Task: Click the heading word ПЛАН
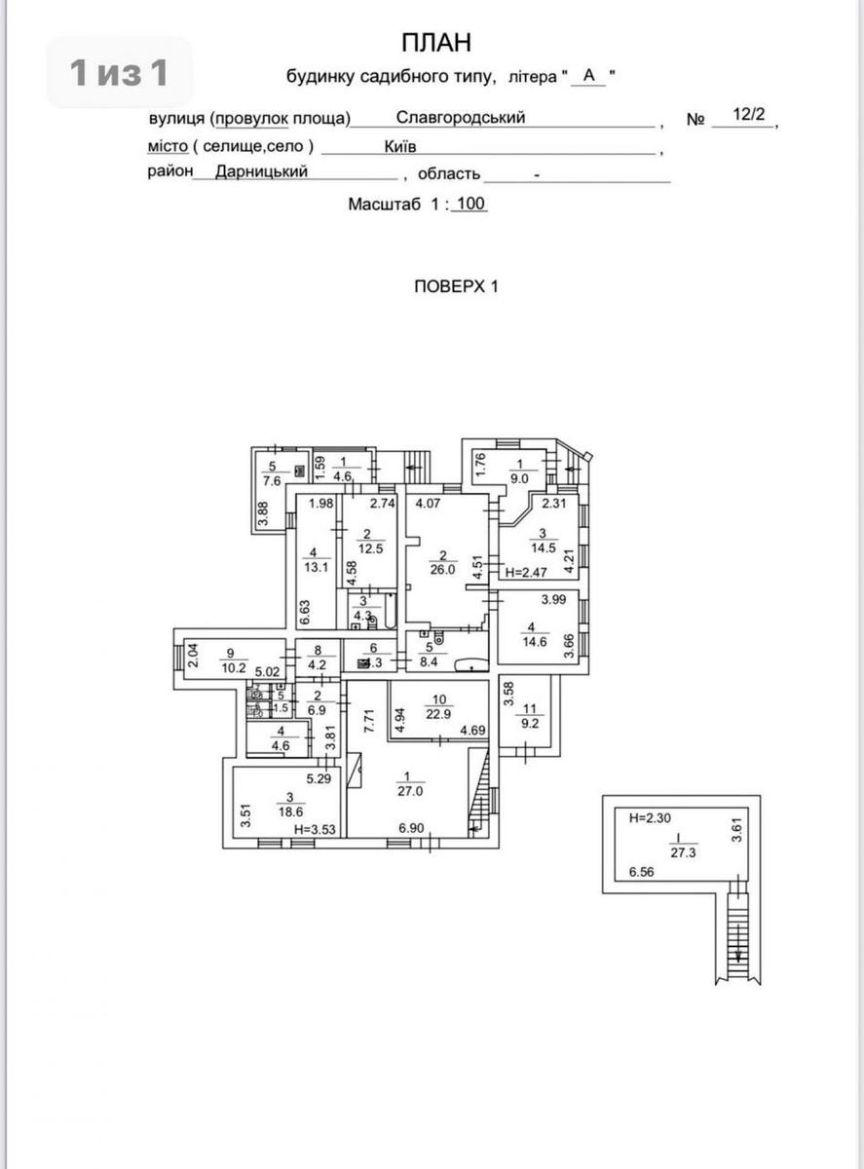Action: pyautogui.click(x=435, y=42)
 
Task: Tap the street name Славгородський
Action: pyautogui.click(x=461, y=118)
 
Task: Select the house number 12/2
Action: pyautogui.click(x=749, y=115)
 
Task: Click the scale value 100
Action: pyautogui.click(x=470, y=205)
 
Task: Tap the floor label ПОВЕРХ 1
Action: pyautogui.click(x=456, y=286)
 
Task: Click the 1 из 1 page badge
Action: pyautogui.click(x=119, y=72)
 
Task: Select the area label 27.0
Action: pyautogui.click(x=404, y=792)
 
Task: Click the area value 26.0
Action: pyautogui.click(x=443, y=570)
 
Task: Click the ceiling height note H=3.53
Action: pyautogui.click(x=314, y=830)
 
